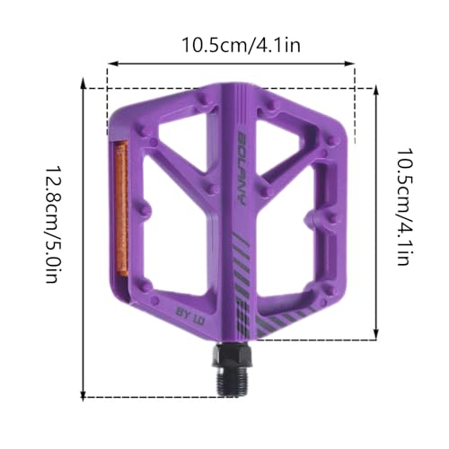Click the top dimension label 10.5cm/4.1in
pos(241,45)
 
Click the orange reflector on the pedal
pos(121,209)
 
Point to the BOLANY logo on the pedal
pos(242,168)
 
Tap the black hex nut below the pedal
pos(233,356)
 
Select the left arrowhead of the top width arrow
pos(112,64)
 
